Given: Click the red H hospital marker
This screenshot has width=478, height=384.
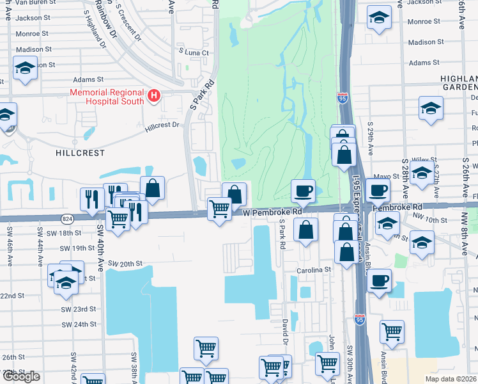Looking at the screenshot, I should coord(153,96).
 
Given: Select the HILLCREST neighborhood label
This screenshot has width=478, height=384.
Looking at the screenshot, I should coord(79,154).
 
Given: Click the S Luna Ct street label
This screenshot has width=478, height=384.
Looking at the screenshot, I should coord(194,52).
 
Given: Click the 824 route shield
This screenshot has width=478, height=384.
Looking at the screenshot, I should coord(66,219).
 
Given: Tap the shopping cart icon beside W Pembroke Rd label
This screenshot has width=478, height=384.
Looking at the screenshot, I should coord(220,209).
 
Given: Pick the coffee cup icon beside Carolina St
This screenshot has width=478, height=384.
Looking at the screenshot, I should coord(379,281).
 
